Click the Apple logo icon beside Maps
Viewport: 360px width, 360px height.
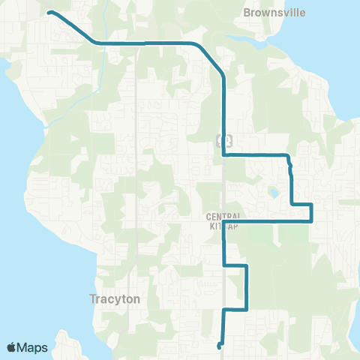pos(13,347)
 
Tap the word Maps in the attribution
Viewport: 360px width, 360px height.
pos(34,347)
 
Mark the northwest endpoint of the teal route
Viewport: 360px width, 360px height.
pos(49,12)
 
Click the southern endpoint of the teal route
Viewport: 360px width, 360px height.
pos(219,346)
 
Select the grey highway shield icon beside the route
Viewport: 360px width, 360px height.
pos(224,139)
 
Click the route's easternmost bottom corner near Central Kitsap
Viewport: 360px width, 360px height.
pos(311,221)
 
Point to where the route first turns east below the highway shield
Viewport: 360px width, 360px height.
pos(224,155)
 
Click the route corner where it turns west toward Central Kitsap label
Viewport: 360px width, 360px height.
pos(311,221)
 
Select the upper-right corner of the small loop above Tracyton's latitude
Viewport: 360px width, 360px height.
pos(247,266)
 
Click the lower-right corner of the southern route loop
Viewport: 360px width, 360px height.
pos(247,308)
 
